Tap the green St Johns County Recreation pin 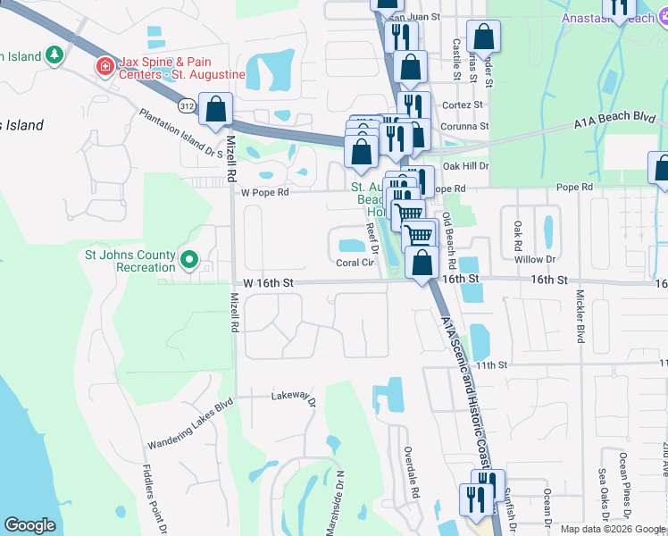point(189,260)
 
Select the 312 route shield point(186,106)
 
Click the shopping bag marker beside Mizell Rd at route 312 point(215,110)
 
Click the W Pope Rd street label point(264,192)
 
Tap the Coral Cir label point(355,263)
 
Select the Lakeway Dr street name point(295,397)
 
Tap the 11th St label point(491,364)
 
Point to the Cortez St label point(462,105)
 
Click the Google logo point(30,525)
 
